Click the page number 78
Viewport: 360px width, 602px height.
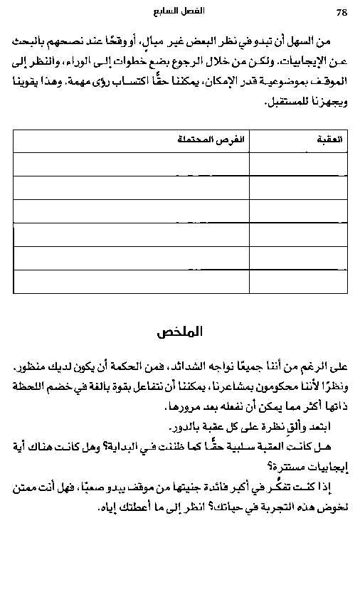(341, 12)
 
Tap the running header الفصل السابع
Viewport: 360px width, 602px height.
(179, 12)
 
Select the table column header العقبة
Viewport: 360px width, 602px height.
(331, 140)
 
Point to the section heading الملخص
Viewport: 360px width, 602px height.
(181, 332)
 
